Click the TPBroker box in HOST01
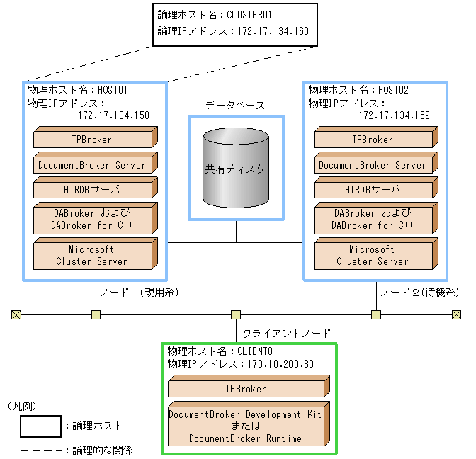[93, 140]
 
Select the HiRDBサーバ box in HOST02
[373, 190]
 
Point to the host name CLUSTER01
[250, 13]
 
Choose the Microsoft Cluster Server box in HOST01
[93, 255]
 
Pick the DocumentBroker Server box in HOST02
[373, 165]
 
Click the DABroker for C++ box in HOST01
[93, 220]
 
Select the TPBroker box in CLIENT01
[245, 389]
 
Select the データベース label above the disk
[235, 105]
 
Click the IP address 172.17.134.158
[114, 115]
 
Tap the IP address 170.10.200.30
[280, 364]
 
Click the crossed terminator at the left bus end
[16, 314]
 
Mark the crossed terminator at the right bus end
[457, 314]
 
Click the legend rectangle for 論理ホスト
[40, 426]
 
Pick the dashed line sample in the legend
[40, 450]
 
